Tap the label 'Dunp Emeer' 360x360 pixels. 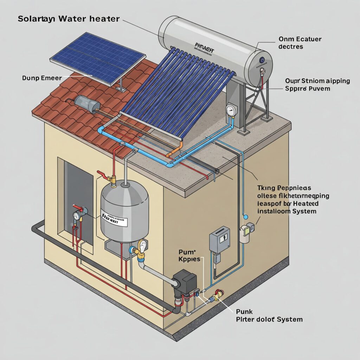click(x=41, y=78)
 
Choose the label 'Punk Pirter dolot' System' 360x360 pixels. click(x=269, y=316)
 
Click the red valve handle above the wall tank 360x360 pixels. click(x=102, y=174)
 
